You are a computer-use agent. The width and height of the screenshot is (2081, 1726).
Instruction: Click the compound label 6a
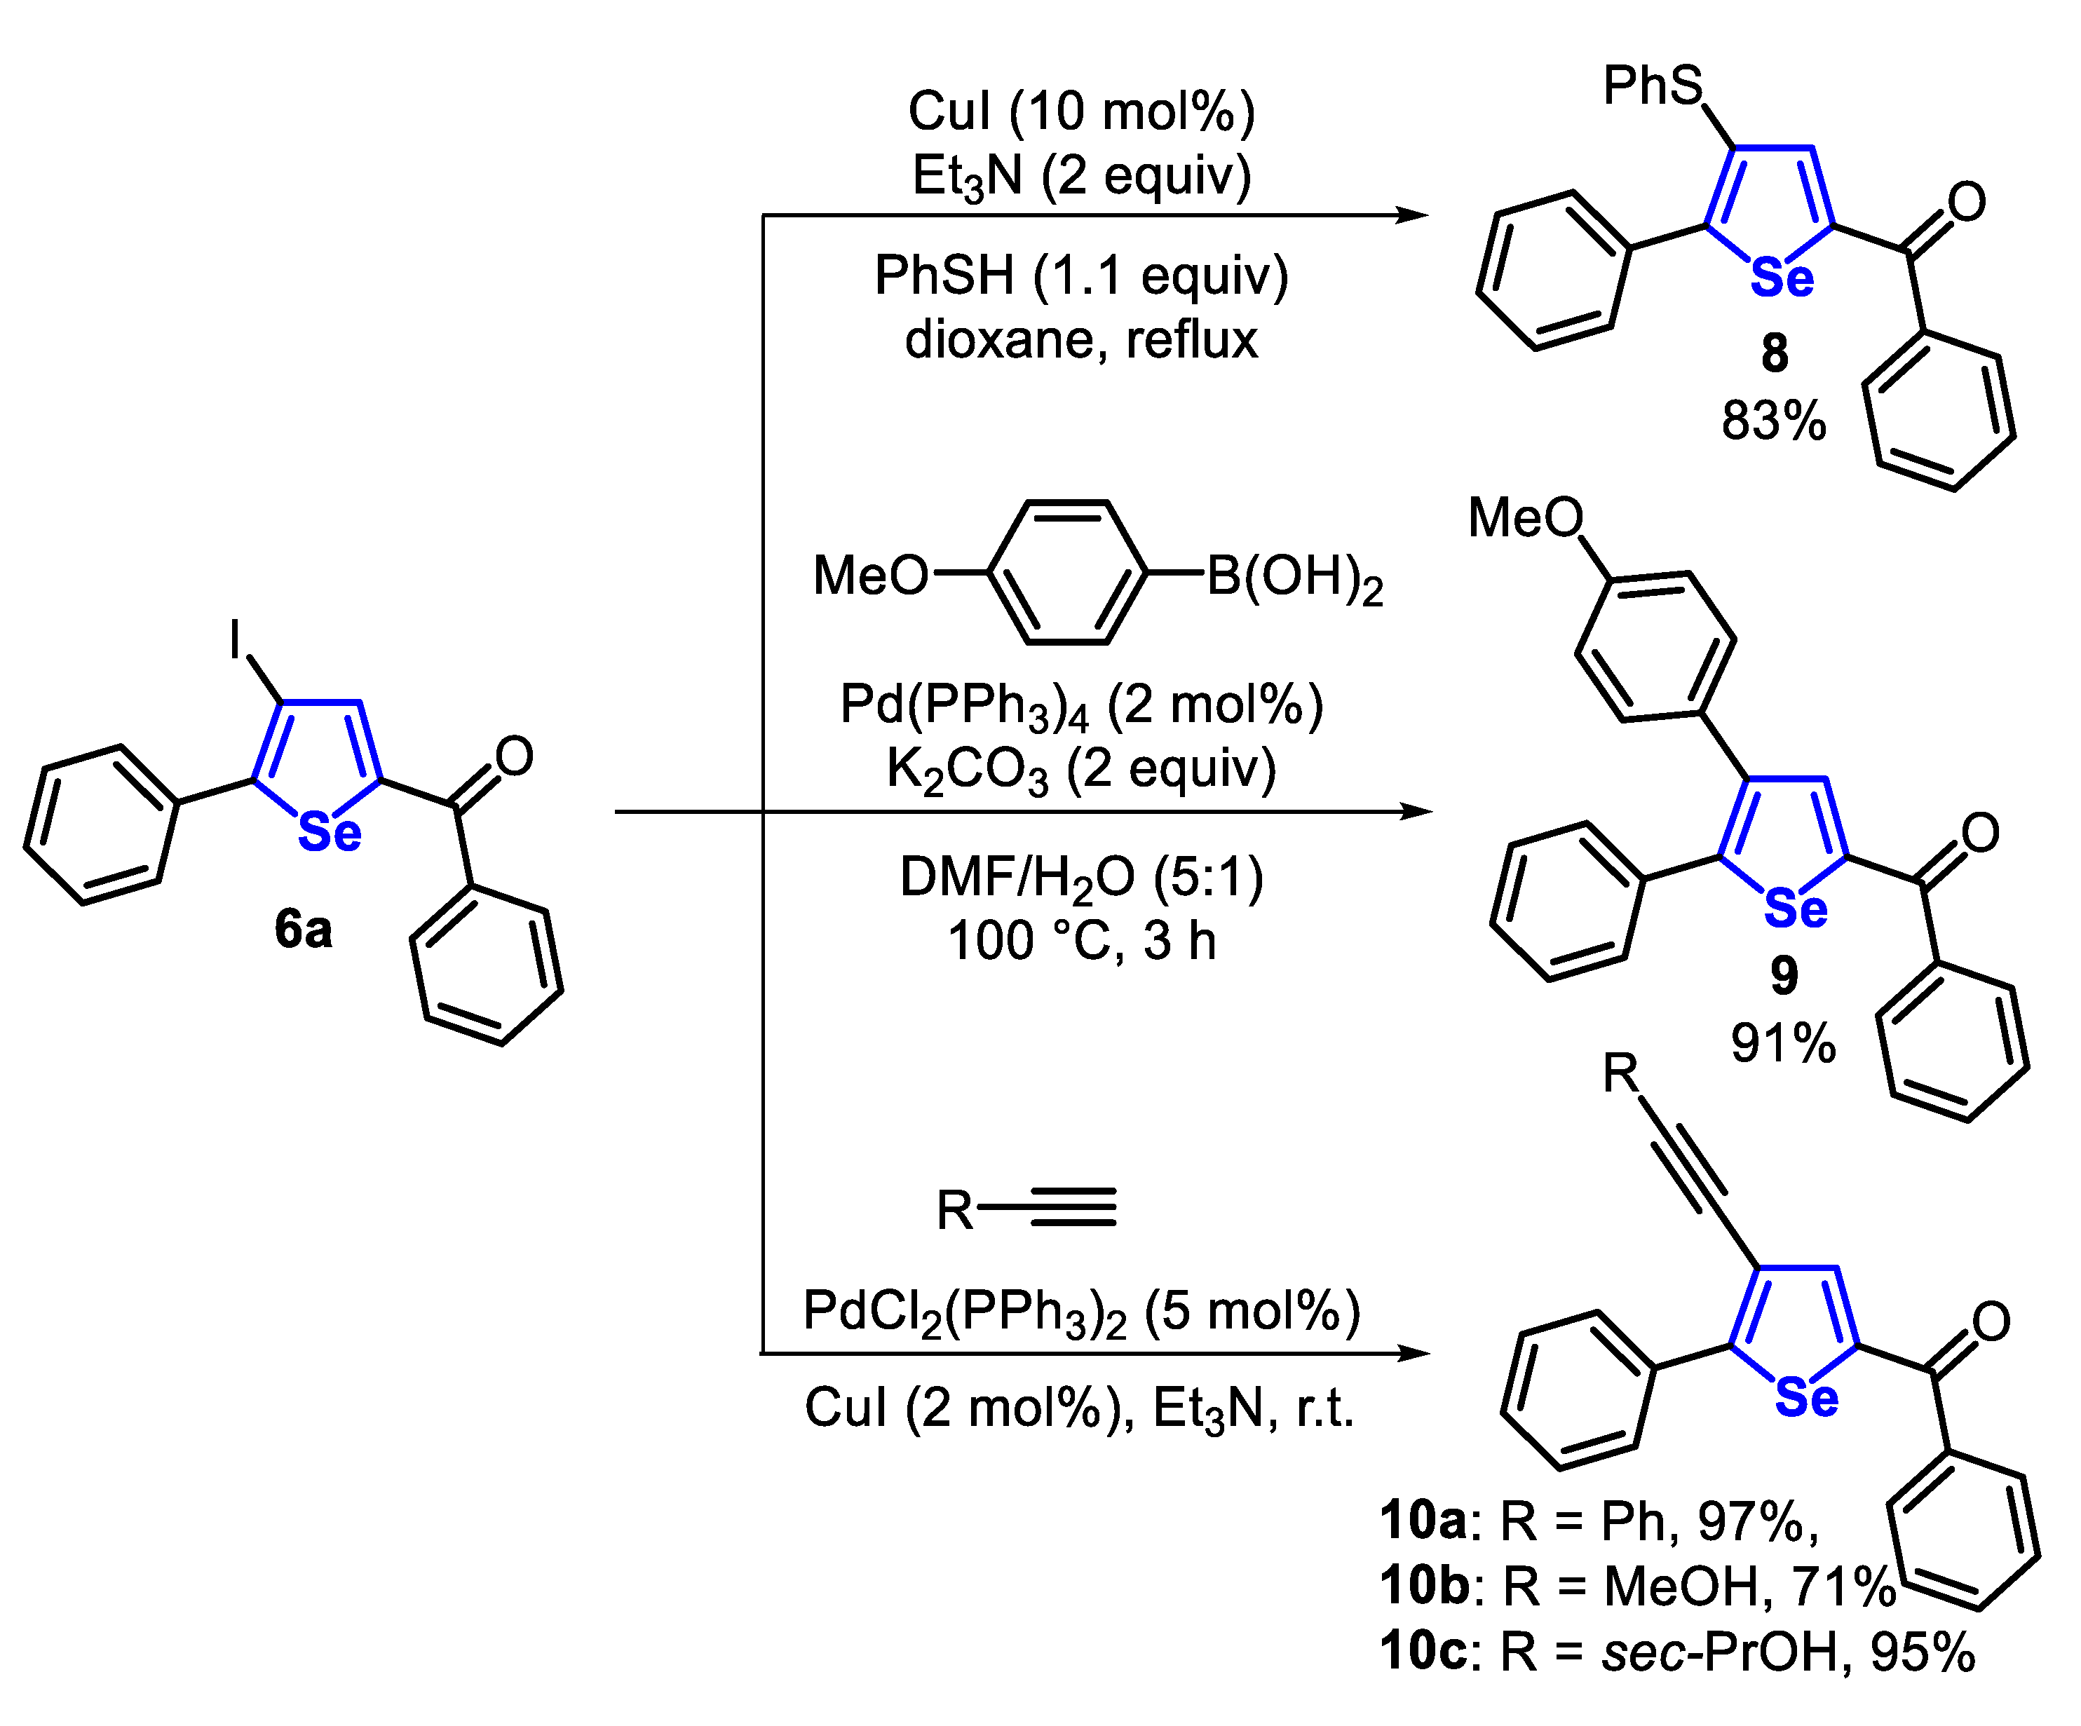(x=303, y=930)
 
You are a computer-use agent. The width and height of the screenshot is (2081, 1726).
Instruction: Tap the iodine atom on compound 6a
(x=235, y=639)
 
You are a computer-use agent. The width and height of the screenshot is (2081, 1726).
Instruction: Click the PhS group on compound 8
(x=1653, y=86)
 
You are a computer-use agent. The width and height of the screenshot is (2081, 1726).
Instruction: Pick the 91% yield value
(x=1784, y=1043)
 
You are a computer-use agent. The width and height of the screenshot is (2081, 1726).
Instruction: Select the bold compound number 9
(x=1784, y=976)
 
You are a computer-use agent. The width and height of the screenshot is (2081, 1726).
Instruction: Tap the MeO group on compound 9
(x=1525, y=518)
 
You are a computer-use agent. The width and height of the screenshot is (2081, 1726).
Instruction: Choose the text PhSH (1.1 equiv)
(x=1081, y=276)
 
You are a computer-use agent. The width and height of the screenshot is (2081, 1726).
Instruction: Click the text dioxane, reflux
(x=1081, y=340)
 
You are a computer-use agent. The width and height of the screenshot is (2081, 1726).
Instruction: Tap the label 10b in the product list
(x=1425, y=1585)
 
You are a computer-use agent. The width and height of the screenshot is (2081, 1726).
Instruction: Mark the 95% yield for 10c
(x=1923, y=1652)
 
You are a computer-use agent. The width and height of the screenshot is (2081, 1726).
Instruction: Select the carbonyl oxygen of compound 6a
(x=515, y=757)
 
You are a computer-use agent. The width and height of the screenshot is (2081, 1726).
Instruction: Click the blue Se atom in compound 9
(x=1796, y=908)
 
